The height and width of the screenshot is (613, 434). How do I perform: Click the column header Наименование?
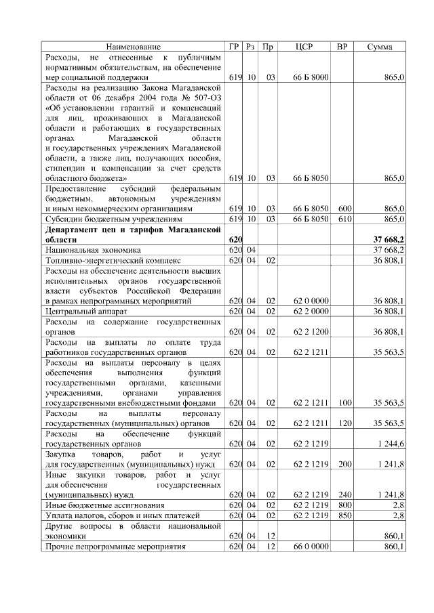coord(133,47)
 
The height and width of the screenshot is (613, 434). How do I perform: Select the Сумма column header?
coord(380,47)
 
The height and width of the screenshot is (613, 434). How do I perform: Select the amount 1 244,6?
coord(389,444)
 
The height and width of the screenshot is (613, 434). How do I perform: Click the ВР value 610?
coord(344,219)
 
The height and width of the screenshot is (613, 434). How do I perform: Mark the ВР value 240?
coord(344,495)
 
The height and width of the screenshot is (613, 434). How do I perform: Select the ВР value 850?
coord(344,515)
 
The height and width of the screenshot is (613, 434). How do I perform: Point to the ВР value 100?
coord(344,403)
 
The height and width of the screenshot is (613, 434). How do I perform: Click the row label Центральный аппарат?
coord(80,311)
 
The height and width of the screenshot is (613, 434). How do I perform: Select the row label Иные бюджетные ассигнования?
coord(102,505)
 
